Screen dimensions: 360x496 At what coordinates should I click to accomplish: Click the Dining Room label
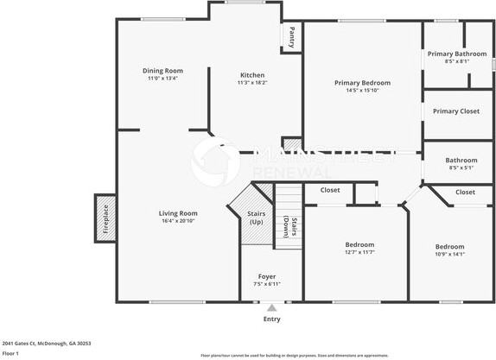point(162,70)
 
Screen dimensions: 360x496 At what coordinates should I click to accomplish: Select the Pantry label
point(292,37)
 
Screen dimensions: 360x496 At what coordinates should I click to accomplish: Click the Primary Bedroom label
point(362,83)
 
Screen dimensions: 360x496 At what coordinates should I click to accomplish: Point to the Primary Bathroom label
point(457,54)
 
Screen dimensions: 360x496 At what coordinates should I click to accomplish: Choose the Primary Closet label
point(456,111)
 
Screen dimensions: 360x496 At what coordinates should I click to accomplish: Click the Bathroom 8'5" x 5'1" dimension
point(461,167)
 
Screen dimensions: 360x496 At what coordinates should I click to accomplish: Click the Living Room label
point(178,213)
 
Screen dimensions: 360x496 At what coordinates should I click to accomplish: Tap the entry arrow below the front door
point(272,306)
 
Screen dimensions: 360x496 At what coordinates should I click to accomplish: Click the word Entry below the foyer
point(271,319)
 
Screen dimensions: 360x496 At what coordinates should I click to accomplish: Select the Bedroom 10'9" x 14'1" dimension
point(449,254)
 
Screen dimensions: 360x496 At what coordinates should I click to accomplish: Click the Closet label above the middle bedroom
point(330,190)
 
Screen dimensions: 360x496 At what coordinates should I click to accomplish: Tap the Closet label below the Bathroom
point(465,192)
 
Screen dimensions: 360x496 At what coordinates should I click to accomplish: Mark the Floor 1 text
point(10,353)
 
